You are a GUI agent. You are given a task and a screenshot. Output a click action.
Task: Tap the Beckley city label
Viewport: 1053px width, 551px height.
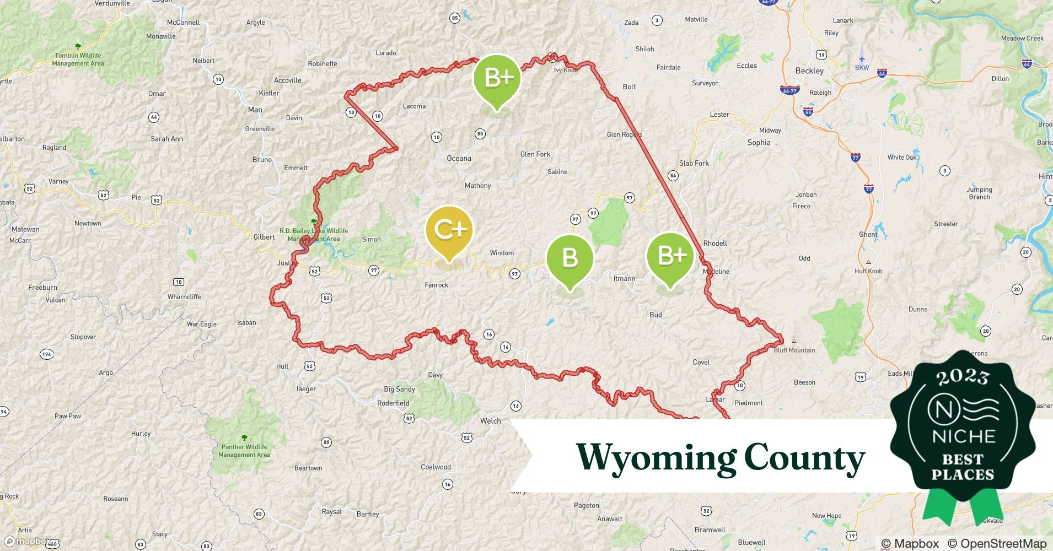point(809,71)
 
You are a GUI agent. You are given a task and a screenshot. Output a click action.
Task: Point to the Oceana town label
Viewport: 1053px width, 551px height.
point(459,158)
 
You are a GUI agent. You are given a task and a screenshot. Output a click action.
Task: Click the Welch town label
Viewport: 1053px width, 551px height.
point(490,421)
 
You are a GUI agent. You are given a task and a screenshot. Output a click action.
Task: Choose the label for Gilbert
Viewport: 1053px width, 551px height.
point(264,237)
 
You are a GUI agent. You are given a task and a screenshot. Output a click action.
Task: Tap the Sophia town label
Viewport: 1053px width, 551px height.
point(759,142)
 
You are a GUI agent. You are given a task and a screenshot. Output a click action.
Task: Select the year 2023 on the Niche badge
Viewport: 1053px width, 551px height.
point(963,376)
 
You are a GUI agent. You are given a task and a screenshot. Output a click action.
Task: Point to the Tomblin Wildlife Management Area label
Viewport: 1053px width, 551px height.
point(78,59)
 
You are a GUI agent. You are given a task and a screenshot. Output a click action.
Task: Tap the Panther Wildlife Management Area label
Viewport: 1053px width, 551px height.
point(244,451)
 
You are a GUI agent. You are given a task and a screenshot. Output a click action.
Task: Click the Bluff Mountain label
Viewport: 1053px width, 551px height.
point(794,350)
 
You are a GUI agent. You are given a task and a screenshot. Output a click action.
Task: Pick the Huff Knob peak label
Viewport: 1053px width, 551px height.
point(868,271)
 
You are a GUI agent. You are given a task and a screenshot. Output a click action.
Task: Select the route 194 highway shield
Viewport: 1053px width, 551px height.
point(47,354)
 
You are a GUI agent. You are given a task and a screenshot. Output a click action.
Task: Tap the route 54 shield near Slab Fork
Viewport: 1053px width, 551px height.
point(673,176)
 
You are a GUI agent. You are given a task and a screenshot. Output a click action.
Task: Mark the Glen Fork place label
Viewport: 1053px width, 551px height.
point(535,154)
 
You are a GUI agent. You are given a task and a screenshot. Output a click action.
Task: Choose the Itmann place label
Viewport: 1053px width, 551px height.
point(624,278)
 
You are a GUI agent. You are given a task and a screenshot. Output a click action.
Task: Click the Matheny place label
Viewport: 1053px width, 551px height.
point(477,186)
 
